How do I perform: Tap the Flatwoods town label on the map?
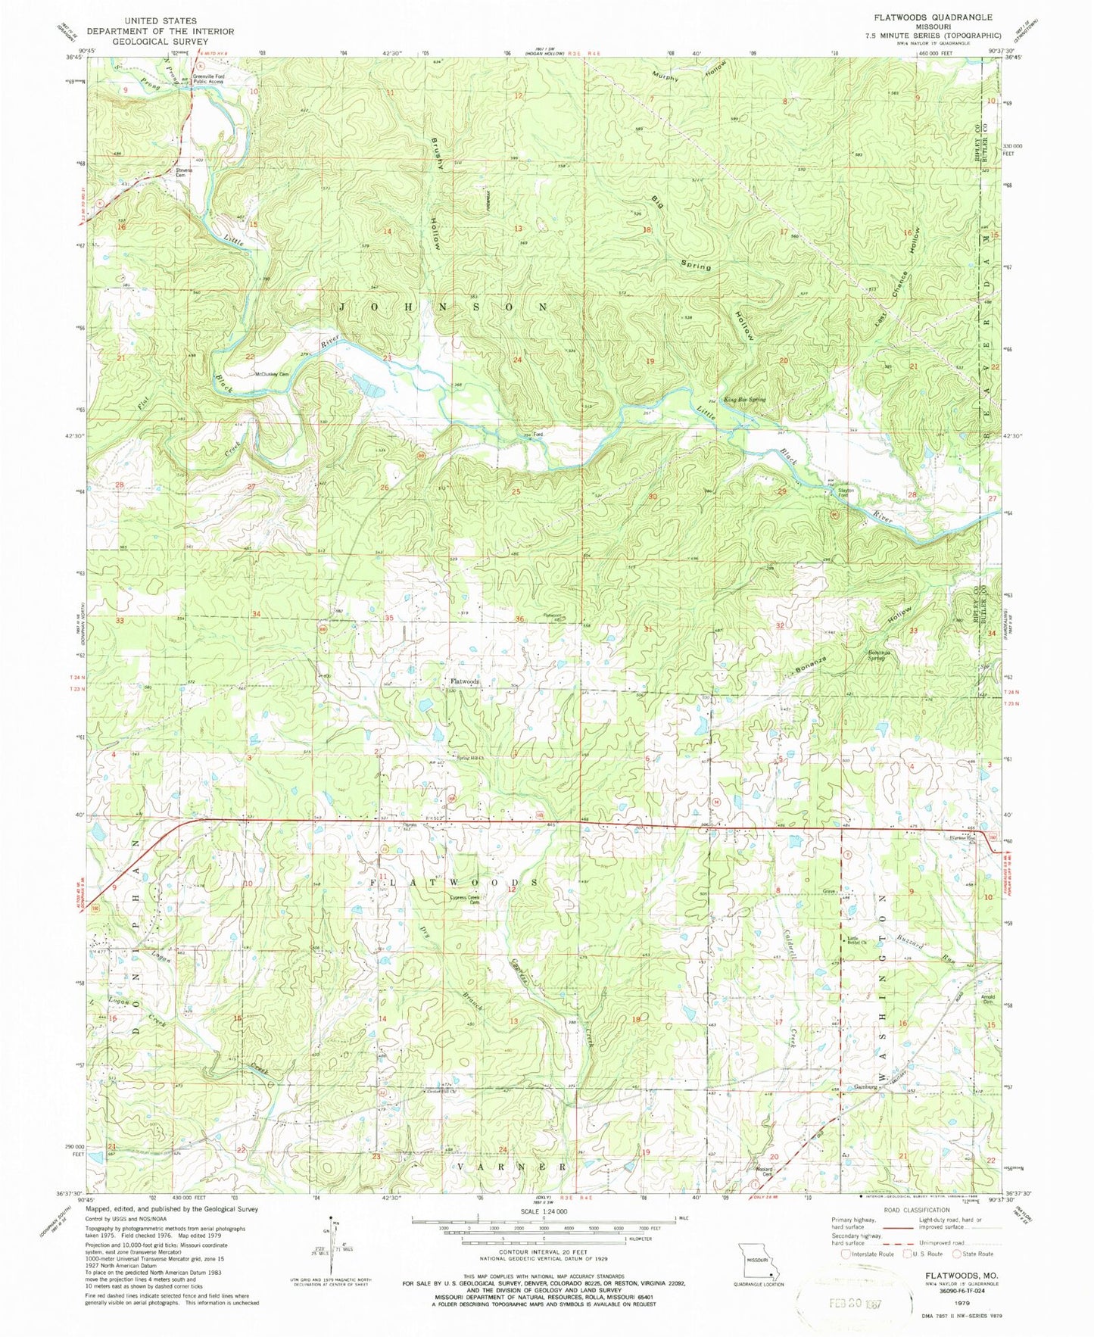point(464,681)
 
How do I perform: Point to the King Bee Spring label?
point(745,399)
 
